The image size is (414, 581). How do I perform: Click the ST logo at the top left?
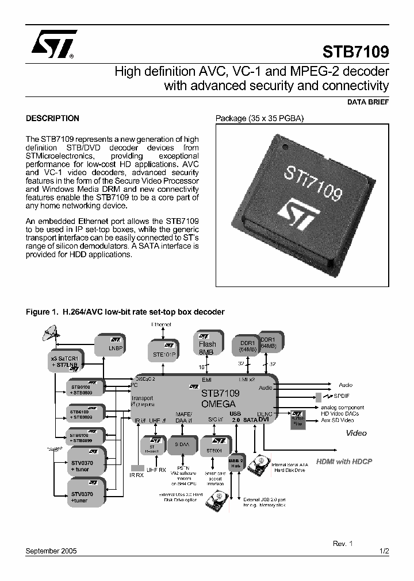coord(51,45)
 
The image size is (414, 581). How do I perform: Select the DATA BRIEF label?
coord(368,102)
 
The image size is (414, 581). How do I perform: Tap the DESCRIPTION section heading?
coord(52,119)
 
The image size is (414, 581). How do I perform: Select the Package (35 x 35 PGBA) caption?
coord(259,119)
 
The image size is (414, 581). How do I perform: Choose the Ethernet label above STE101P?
coord(161,325)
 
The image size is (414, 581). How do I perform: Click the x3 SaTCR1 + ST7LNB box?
coord(64,363)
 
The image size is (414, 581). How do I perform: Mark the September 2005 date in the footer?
coord(52,550)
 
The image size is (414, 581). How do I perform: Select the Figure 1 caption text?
coord(125,312)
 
